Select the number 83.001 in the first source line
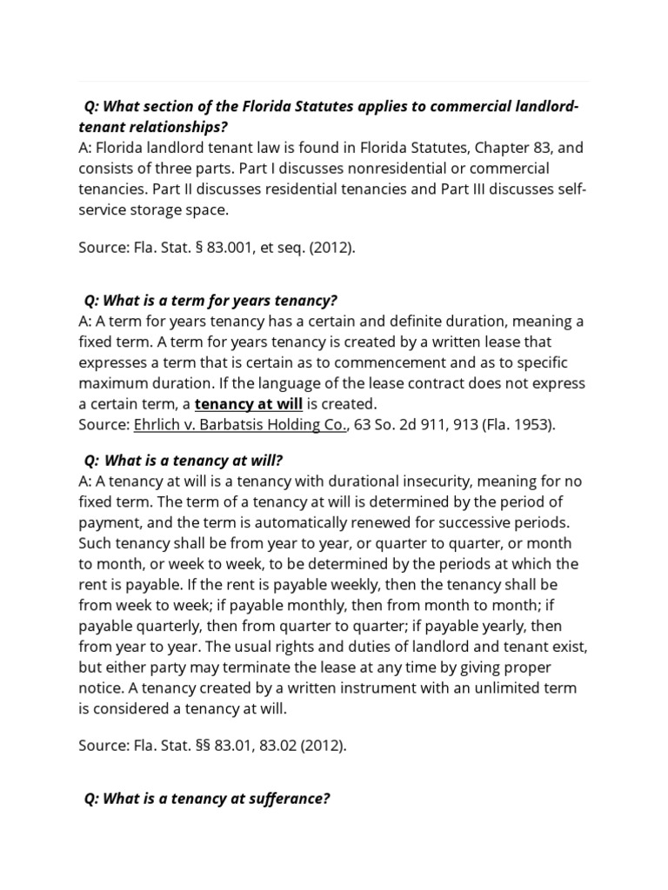click(217, 247)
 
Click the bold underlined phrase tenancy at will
click(249, 404)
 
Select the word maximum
click(111, 383)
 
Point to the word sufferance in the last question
click(289, 800)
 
